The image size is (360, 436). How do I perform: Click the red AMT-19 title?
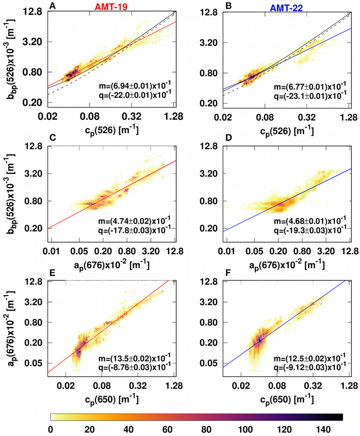click(x=111, y=6)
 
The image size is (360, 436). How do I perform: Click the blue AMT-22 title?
click(x=286, y=8)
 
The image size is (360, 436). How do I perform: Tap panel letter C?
click(x=52, y=137)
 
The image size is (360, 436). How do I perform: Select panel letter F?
click(x=228, y=273)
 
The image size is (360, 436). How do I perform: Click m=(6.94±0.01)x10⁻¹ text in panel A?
click(x=135, y=85)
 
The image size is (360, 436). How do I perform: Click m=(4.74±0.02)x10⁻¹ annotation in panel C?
click(x=134, y=221)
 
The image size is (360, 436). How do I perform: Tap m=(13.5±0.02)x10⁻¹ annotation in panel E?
click(x=134, y=358)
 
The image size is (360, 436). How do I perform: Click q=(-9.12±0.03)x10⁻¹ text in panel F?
click(x=310, y=367)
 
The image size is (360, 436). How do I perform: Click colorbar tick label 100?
click(x=245, y=429)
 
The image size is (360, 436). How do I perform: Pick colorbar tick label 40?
click(x=128, y=429)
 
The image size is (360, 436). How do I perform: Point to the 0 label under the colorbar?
click(x=50, y=429)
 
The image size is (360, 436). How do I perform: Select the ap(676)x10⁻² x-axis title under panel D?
click(x=287, y=265)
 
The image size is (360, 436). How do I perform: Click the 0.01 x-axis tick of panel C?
click(x=51, y=251)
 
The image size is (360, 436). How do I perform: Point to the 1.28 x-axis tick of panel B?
click(x=349, y=117)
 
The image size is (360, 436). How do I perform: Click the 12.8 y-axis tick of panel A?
click(x=33, y=12)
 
